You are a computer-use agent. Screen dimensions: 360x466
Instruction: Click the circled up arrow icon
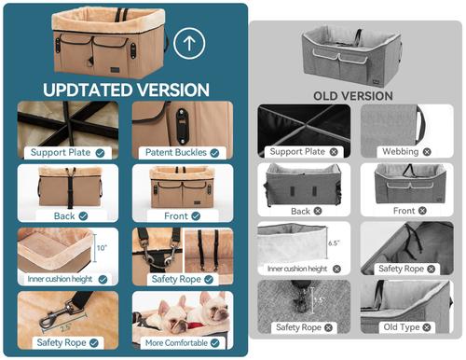click(190, 43)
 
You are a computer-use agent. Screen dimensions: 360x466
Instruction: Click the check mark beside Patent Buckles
click(215, 152)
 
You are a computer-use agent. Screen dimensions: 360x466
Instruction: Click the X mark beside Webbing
click(427, 151)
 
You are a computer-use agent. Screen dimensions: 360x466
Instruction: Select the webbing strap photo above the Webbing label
click(404, 122)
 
